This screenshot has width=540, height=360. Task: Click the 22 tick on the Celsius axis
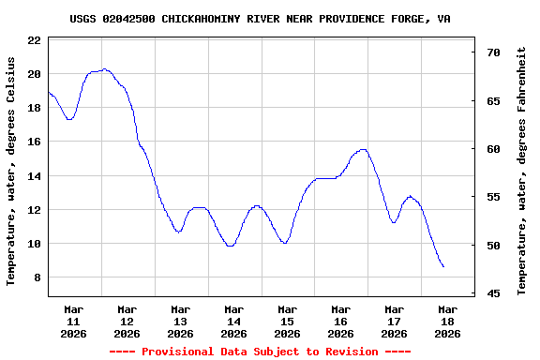click(x=34, y=40)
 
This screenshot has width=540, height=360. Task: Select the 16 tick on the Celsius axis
click(x=34, y=142)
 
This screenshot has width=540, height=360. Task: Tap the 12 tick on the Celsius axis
click(x=34, y=210)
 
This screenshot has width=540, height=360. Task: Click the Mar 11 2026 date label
click(x=73, y=321)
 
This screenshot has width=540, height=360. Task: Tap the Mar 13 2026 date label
click(x=180, y=321)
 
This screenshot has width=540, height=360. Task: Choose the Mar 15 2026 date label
click(x=287, y=321)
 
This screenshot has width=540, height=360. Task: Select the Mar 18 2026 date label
click(x=447, y=321)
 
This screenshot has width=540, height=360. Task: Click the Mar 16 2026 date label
click(x=340, y=321)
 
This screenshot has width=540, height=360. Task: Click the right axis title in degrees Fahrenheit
click(x=522, y=170)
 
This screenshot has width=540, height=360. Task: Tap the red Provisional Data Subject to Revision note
click(x=260, y=352)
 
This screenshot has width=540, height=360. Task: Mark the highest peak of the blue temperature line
click(x=104, y=69)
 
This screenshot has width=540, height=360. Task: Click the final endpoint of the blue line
click(x=443, y=267)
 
